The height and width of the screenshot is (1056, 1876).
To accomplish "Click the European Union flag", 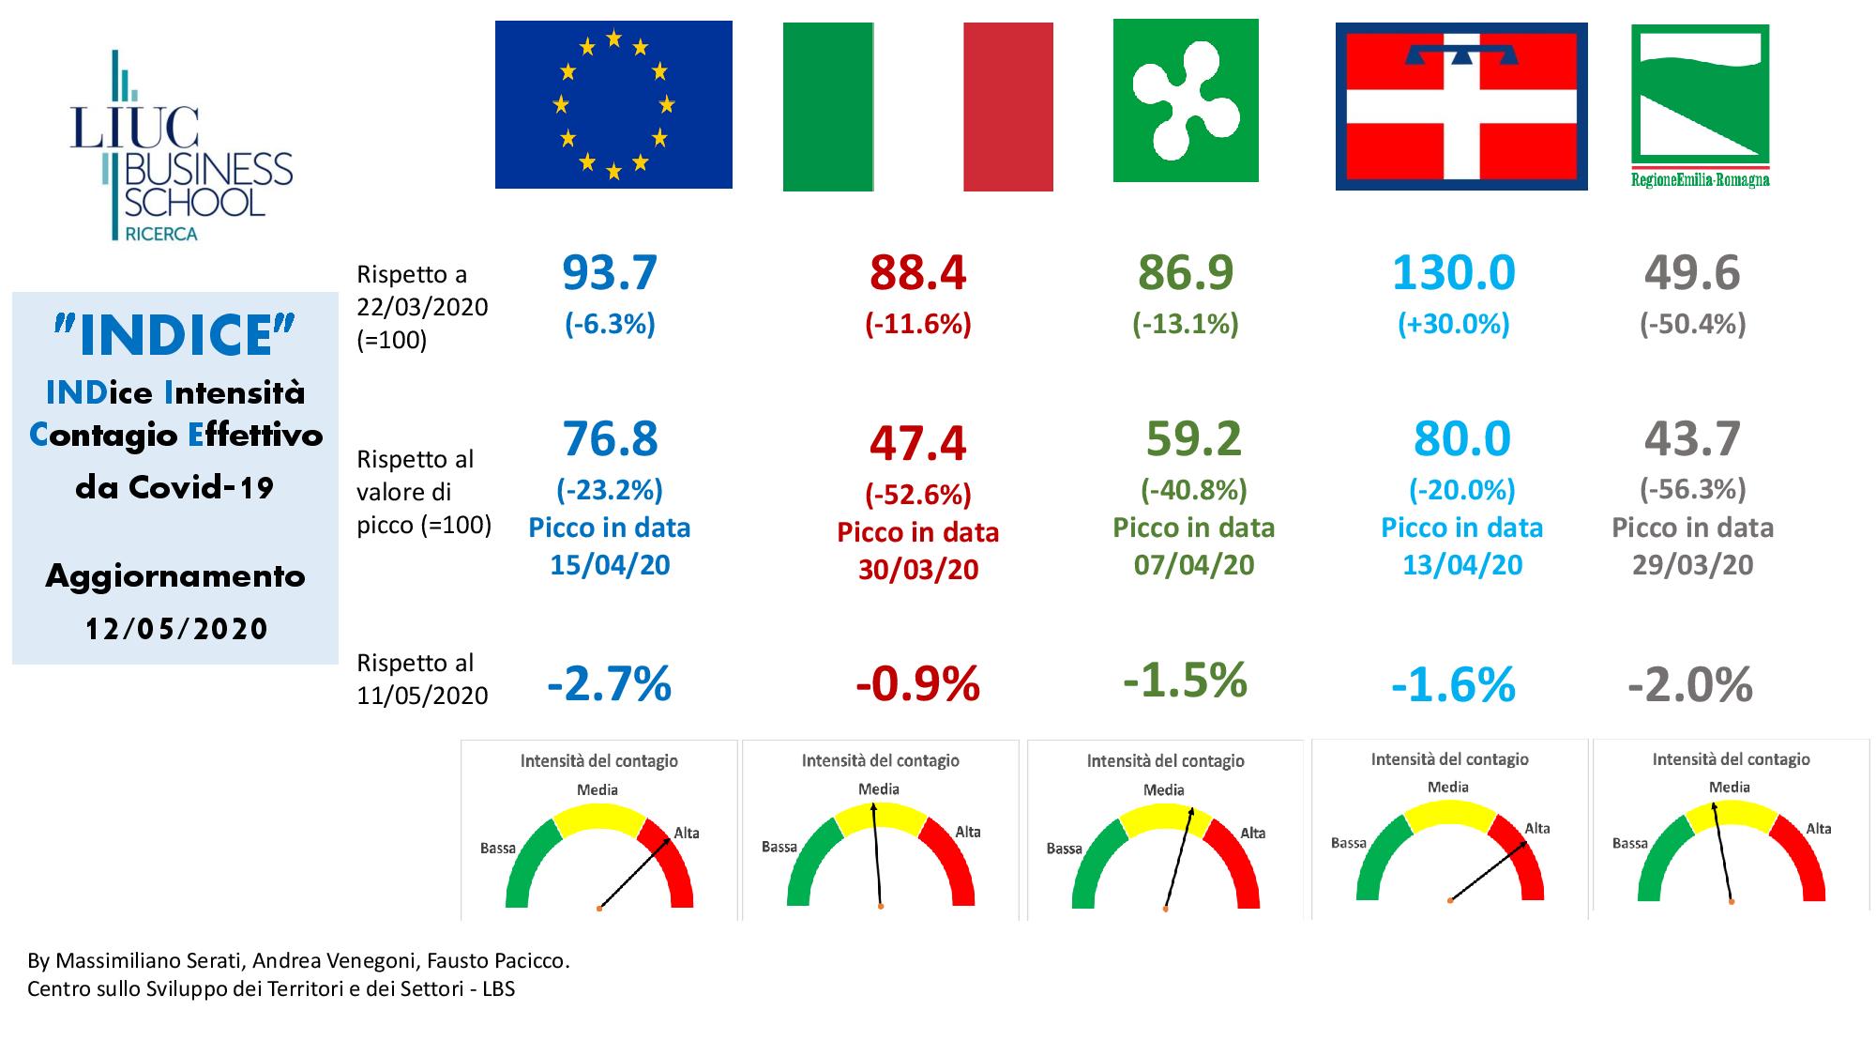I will click(x=613, y=104).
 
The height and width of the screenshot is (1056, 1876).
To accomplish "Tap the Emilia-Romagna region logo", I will click(x=1700, y=105).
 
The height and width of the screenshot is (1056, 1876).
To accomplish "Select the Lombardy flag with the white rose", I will click(x=1186, y=100).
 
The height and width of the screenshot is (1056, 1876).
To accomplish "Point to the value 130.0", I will click(x=1453, y=273).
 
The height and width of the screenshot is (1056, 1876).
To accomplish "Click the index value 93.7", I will click(x=610, y=273).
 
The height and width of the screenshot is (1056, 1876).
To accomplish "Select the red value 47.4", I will click(x=917, y=443).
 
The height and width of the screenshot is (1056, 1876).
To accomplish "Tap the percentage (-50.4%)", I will click(x=1692, y=325).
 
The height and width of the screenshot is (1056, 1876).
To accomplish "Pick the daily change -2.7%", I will click(x=610, y=684).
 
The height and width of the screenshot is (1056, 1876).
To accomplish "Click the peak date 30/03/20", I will click(x=917, y=570).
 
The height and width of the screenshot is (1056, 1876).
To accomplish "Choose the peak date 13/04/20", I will click(x=1461, y=565).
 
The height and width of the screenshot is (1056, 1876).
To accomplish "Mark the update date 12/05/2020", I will click(x=176, y=629).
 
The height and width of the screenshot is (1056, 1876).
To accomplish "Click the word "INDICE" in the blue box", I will click(x=175, y=336).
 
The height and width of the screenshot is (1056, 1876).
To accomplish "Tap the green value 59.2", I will click(x=1193, y=438).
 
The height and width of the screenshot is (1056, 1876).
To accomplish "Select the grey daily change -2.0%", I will click(x=1690, y=685).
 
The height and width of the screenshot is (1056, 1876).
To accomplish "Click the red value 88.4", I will click(x=917, y=273).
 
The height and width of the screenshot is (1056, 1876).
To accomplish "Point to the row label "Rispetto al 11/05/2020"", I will click(x=422, y=679).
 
